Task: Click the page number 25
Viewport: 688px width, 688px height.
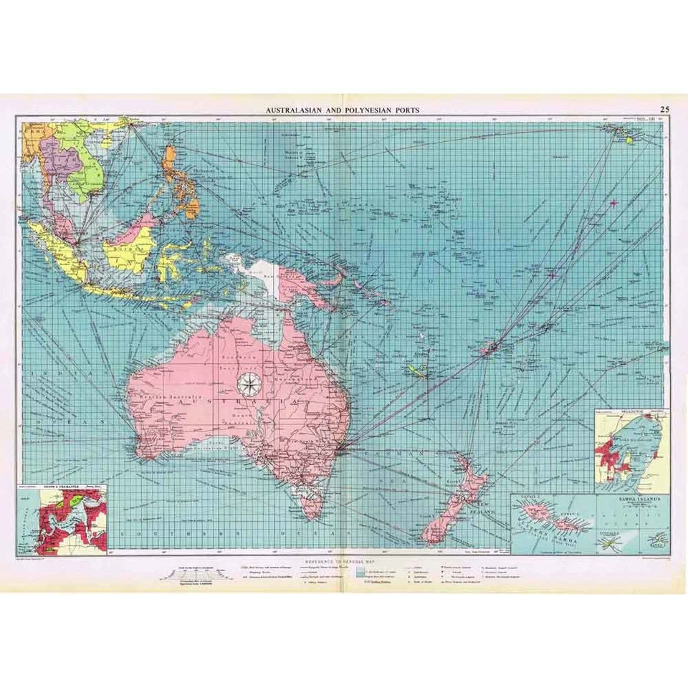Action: tap(665, 109)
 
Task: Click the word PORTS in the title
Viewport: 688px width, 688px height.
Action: tap(403, 110)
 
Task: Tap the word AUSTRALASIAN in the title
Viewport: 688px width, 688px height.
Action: tap(297, 110)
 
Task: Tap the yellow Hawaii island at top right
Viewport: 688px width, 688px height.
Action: tap(631, 140)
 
